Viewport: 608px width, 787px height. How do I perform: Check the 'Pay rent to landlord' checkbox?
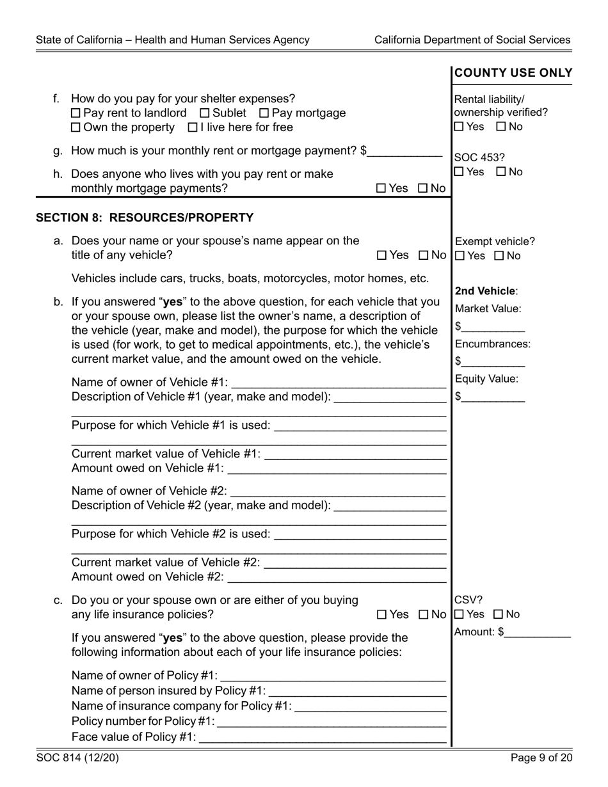click(76, 113)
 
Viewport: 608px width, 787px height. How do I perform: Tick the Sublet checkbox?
click(205, 113)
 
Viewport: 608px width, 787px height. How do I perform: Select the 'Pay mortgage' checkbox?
click(264, 113)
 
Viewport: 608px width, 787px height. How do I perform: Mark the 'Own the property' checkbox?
click(76, 127)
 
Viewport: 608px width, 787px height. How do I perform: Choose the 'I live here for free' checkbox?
click(193, 127)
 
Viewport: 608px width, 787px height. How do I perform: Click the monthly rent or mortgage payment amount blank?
click(405, 152)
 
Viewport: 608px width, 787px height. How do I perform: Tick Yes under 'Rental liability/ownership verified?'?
click(459, 127)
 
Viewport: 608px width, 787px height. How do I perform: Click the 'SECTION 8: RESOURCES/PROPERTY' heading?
click(145, 218)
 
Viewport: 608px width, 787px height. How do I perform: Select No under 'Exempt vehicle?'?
click(500, 256)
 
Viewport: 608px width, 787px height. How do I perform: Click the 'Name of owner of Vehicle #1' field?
click(338, 383)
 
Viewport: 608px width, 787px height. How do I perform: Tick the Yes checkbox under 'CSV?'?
click(459, 615)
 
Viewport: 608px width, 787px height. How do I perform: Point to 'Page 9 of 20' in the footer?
click(541, 758)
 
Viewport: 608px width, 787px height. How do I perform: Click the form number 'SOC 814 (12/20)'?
click(77, 758)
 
